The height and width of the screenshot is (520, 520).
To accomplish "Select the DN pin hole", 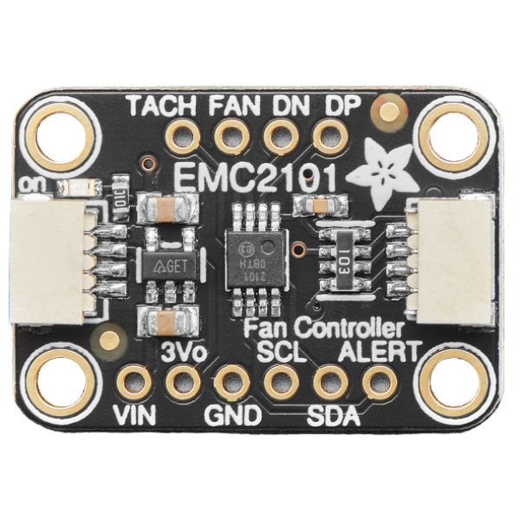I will click(280, 136).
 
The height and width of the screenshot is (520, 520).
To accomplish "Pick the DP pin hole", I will click(328, 136).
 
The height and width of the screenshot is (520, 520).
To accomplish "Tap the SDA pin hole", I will click(329, 381).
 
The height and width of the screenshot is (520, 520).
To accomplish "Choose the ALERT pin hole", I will click(378, 381).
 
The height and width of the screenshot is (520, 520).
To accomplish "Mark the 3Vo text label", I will click(182, 354).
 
